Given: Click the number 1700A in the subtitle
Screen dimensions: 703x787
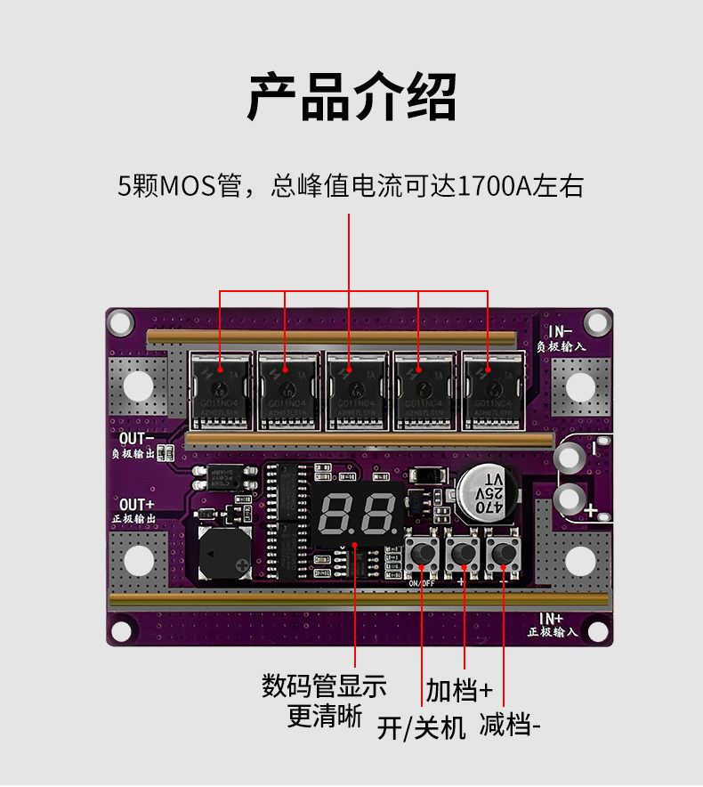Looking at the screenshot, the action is (x=492, y=187).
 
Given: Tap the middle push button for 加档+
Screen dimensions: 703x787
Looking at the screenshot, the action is (x=463, y=554).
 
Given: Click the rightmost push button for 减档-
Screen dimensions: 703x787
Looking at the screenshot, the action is (x=504, y=554).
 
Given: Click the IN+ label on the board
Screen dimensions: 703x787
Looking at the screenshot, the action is (x=551, y=618).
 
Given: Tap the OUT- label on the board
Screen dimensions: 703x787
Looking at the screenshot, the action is (x=136, y=437).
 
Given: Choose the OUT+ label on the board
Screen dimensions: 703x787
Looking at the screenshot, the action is (x=136, y=505).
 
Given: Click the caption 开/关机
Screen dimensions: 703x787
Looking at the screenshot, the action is (x=421, y=728).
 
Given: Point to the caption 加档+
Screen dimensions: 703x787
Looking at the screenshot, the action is (x=458, y=690).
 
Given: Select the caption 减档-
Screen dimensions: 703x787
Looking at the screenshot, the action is (x=510, y=725).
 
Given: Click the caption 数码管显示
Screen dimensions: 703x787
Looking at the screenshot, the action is (x=324, y=686).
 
